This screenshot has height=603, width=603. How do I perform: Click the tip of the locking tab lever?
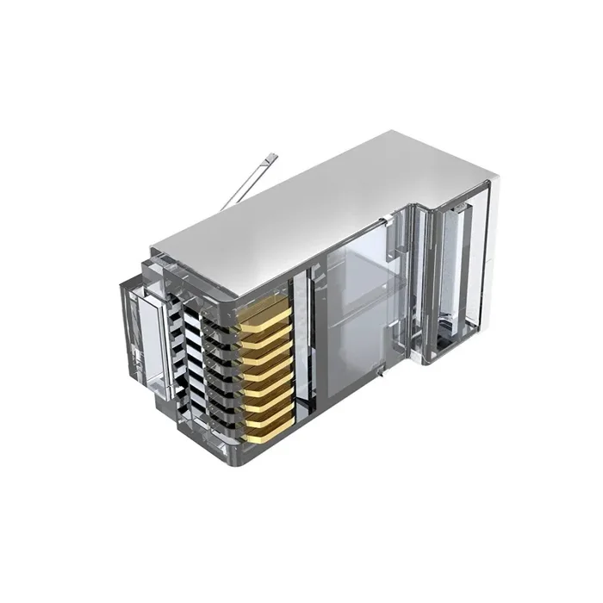[274, 157]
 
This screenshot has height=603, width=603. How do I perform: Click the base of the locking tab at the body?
[226, 205]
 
